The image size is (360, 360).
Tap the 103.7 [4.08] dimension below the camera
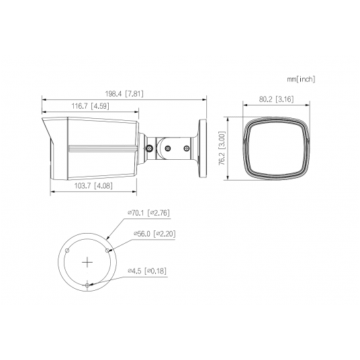point(93,185)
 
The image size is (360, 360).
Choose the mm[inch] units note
point(300,79)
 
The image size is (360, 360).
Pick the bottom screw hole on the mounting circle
point(87,285)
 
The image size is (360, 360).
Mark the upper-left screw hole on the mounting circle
point(66,249)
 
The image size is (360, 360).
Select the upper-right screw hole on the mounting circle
point(108,249)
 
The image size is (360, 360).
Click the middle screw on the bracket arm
point(168,148)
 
